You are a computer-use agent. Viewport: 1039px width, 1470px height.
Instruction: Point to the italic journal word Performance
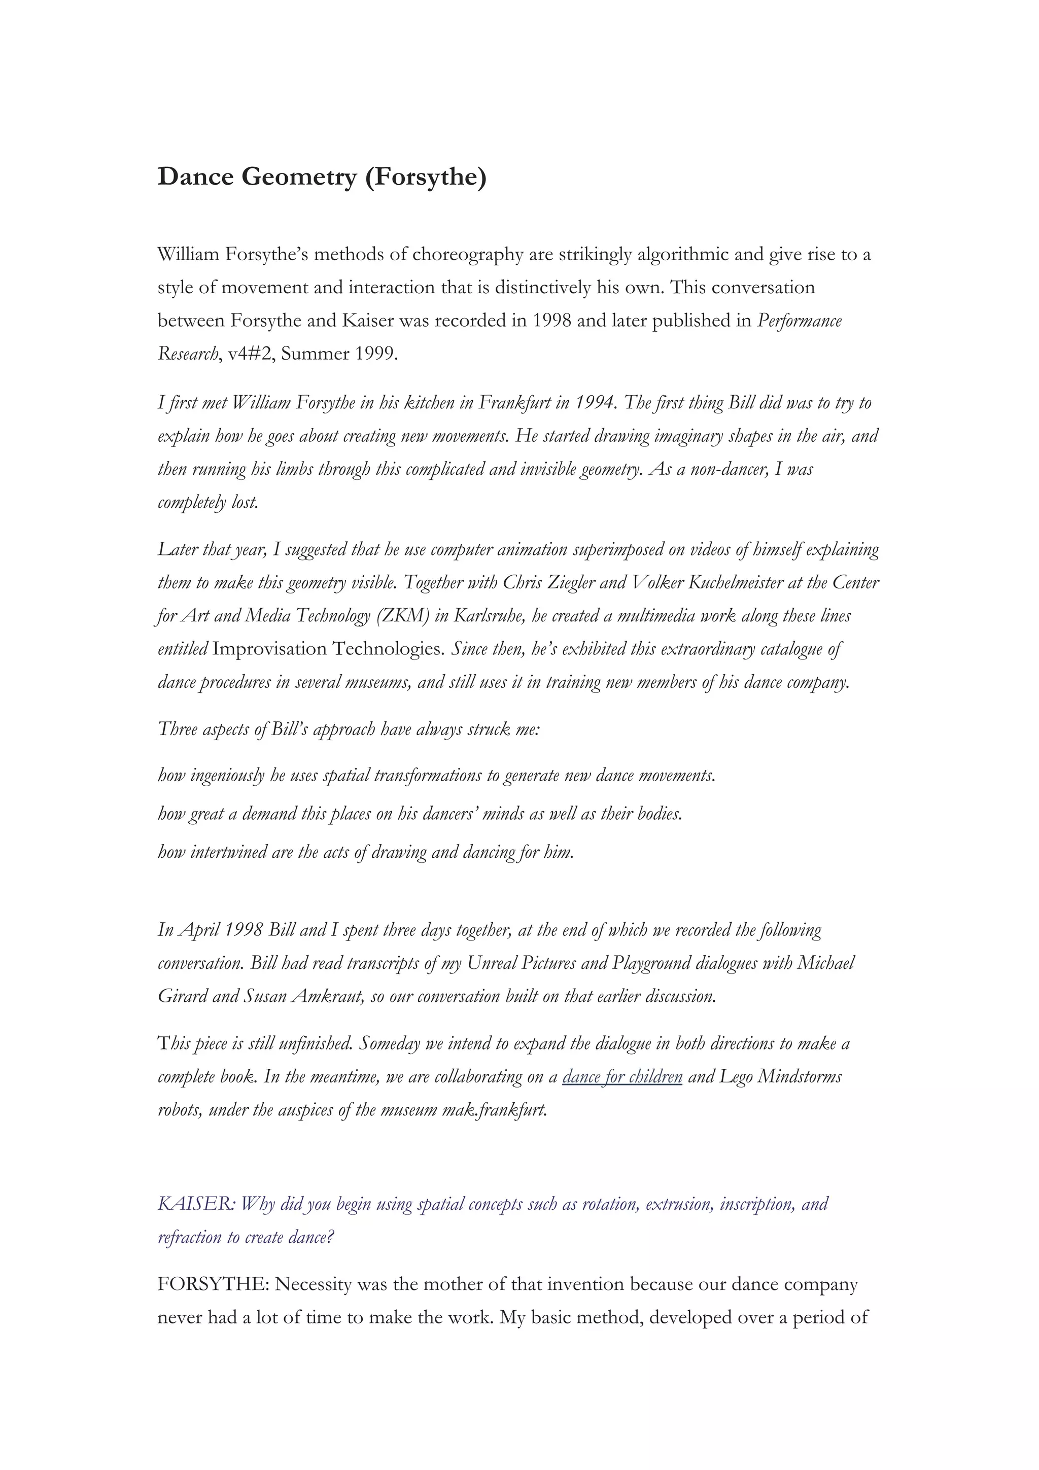800,321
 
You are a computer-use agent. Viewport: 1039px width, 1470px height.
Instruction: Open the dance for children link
622,1077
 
